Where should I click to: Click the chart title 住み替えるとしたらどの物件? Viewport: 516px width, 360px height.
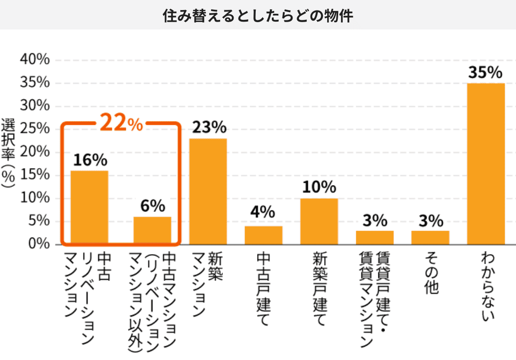click(x=258, y=16)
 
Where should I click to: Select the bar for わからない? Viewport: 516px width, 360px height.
click(x=486, y=163)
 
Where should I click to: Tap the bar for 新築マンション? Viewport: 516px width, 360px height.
click(x=208, y=191)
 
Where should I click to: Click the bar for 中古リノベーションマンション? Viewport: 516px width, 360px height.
click(x=89, y=207)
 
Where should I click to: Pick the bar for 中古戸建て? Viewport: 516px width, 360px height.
click(x=264, y=235)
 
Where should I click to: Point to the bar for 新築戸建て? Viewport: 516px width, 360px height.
click(x=319, y=221)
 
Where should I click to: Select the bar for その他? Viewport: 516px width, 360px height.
click(x=430, y=237)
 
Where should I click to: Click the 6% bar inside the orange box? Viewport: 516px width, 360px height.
click(x=152, y=230)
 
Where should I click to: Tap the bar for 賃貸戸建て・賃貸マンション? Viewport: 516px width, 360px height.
click(x=375, y=237)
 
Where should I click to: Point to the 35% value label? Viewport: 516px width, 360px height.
click(x=485, y=73)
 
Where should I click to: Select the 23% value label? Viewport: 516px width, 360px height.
click(x=209, y=128)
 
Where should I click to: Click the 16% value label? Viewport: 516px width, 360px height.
click(x=90, y=160)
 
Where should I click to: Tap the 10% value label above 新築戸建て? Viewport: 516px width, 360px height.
click(x=319, y=187)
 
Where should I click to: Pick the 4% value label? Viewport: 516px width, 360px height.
click(x=264, y=213)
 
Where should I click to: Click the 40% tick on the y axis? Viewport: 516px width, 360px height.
click(x=34, y=60)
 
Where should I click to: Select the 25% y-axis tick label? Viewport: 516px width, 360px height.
click(x=34, y=129)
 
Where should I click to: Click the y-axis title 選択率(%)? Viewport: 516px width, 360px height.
click(x=8, y=152)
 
